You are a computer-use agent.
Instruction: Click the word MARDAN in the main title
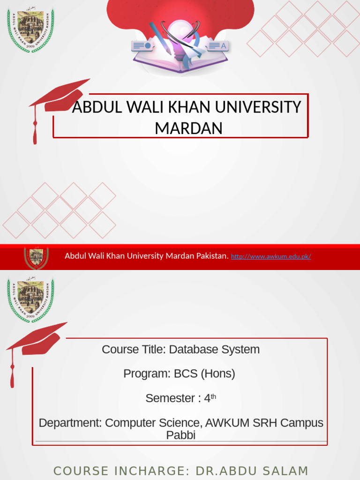(188, 128)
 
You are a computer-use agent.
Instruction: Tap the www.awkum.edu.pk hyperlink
(271, 256)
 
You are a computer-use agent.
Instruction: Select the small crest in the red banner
(36, 257)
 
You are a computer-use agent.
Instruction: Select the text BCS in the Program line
(186, 374)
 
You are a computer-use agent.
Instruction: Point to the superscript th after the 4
(213, 397)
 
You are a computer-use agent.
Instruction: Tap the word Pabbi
(180, 435)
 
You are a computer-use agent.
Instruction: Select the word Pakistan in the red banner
(211, 256)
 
